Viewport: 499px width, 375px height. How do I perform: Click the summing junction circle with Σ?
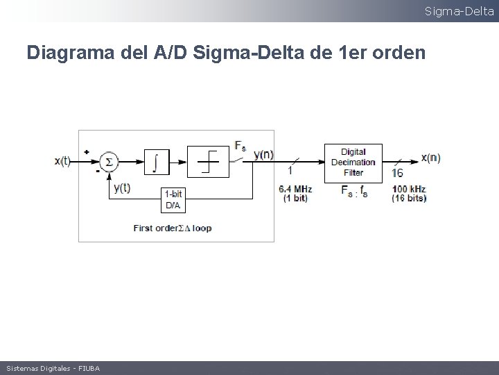[x=107, y=162]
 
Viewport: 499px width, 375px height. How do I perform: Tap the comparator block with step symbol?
[x=208, y=162]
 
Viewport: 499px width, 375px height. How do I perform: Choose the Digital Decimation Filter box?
[x=353, y=162]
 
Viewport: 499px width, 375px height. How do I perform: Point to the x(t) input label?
[x=62, y=161]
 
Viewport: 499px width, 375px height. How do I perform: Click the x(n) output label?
[x=430, y=157]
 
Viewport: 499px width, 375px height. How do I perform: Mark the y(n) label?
[x=263, y=154]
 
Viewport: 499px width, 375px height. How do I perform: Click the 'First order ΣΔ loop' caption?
[x=173, y=228]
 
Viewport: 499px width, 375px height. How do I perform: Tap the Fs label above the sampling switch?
[x=240, y=146]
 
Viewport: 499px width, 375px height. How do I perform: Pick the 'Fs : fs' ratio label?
[x=354, y=192]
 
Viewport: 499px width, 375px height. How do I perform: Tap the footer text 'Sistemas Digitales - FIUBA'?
[x=53, y=368]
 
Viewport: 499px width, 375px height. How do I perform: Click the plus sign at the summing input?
[x=87, y=151]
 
